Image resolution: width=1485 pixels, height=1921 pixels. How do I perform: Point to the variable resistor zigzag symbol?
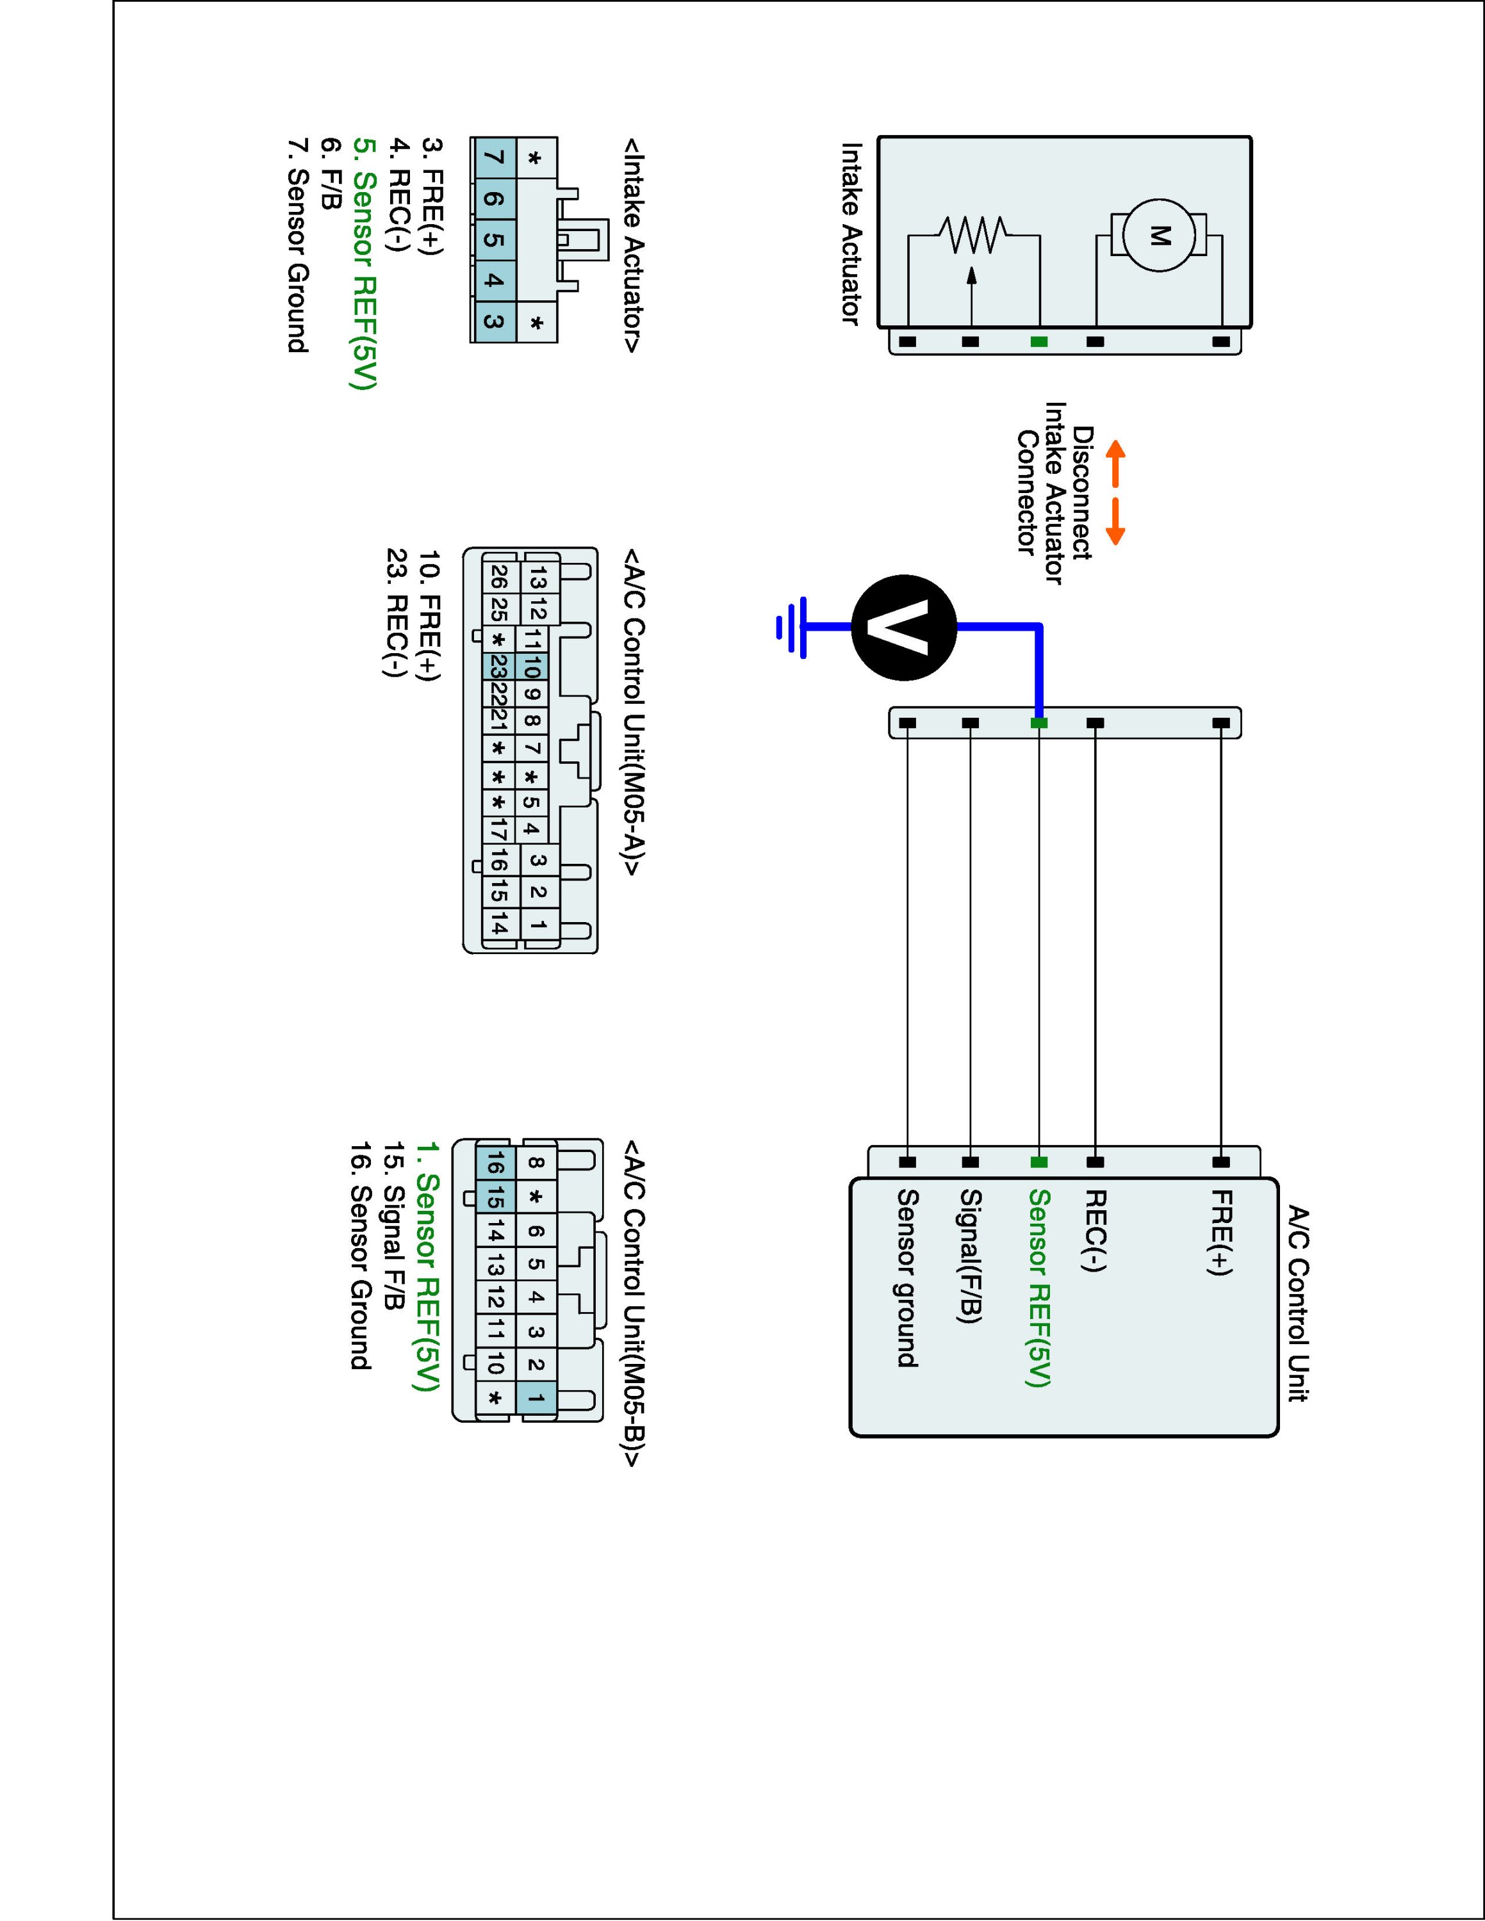click(x=972, y=235)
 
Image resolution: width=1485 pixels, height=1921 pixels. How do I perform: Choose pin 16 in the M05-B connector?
click(x=495, y=1166)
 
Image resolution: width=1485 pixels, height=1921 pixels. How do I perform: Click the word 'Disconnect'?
click(x=1083, y=492)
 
